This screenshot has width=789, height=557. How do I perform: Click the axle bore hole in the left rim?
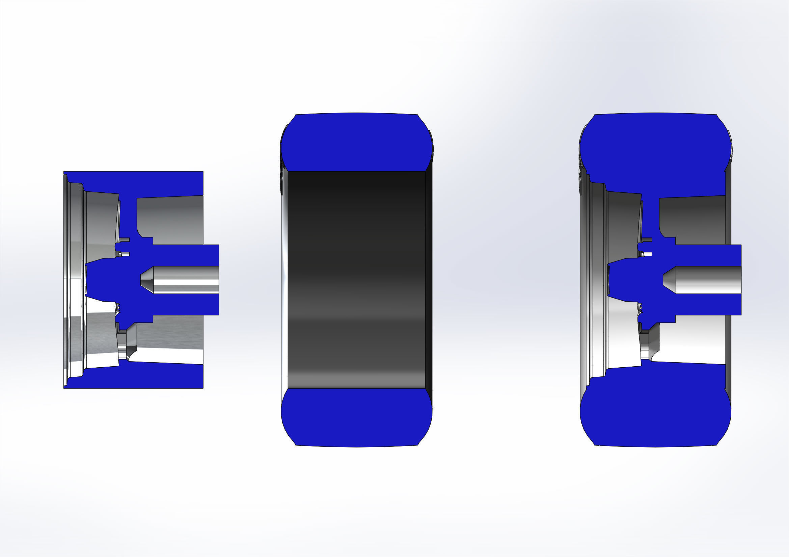(x=186, y=280)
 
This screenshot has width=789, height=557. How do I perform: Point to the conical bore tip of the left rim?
(x=147, y=280)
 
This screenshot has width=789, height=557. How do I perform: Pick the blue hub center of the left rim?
(x=110, y=280)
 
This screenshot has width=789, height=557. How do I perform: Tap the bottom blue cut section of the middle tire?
(x=356, y=417)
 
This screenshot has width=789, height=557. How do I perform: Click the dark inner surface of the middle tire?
(x=356, y=280)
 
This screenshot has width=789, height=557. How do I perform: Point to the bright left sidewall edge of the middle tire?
(x=284, y=280)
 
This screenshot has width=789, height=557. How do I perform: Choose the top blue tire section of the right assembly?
(x=655, y=148)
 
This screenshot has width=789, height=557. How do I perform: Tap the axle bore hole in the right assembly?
(x=708, y=280)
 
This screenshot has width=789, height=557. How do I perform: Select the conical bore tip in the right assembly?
(x=670, y=280)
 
